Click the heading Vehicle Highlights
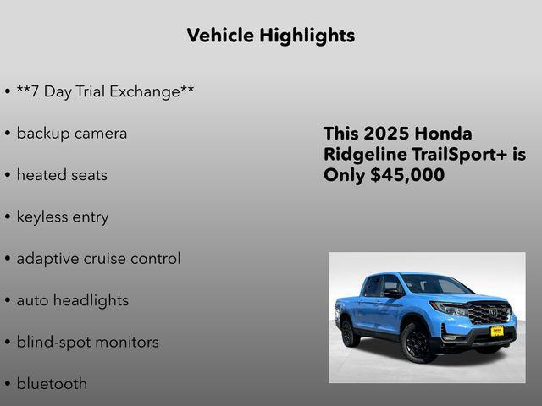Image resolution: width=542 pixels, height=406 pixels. coord(270,36)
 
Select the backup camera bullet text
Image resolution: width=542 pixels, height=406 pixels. coord(72,134)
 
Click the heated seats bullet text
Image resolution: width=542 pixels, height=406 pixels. coord(62,175)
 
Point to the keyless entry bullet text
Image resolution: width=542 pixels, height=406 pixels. coord(63,217)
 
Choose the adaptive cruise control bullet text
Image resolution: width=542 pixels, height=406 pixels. coord(98,259)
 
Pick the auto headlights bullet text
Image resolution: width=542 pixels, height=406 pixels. coord(73,300)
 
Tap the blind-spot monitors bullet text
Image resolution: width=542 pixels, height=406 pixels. coord(87,342)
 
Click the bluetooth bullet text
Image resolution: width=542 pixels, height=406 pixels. coord(52,383)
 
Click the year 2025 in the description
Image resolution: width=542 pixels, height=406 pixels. coord(386,134)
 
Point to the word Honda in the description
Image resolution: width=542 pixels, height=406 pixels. coord(444,134)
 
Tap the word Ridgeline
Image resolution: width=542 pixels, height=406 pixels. coord(365,155)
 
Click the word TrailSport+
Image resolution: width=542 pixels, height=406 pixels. coord(462,155)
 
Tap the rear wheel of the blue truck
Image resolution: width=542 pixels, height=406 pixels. coord(349,332)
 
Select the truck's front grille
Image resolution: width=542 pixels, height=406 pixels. coord(489,313)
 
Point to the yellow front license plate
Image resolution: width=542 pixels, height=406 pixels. coord(496,332)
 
